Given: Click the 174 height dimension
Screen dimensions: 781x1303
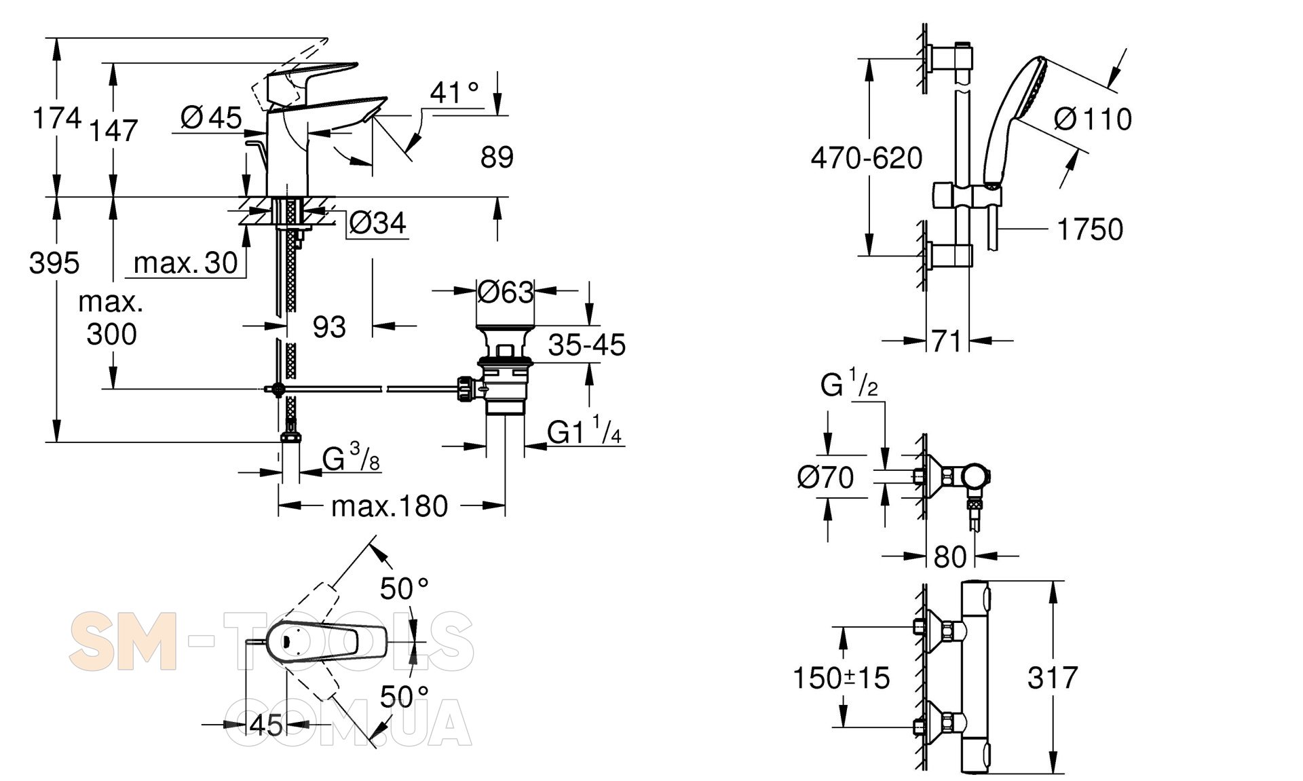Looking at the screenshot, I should (x=57, y=118).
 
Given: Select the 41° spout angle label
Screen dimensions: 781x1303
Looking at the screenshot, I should (x=454, y=92).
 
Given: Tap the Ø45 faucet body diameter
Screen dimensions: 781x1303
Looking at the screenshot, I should (x=211, y=118).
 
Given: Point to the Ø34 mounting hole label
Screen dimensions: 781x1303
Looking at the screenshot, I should (x=377, y=223).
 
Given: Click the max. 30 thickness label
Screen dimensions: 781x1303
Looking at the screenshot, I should (x=186, y=263).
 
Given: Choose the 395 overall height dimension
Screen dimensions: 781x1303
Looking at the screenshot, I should (x=54, y=263).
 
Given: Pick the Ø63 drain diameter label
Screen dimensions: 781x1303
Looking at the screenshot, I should (x=506, y=292).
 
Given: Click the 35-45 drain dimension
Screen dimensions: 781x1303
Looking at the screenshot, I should (x=587, y=345).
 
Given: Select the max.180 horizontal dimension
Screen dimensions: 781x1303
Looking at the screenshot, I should (x=390, y=506).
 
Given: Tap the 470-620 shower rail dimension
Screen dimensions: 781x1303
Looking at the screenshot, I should (x=867, y=159).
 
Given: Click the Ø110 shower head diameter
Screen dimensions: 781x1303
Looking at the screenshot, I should (x=1093, y=119).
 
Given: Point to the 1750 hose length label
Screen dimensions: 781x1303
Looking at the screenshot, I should (x=1090, y=229).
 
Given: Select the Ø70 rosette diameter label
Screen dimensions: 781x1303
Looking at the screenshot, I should (x=825, y=478).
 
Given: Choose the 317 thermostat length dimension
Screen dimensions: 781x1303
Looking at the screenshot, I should (x=1052, y=677).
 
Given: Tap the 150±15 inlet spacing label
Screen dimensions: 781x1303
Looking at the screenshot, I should (x=842, y=677).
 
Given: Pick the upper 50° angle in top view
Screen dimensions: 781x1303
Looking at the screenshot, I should (x=404, y=588).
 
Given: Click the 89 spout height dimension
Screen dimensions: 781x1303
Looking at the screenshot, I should (x=497, y=157).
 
